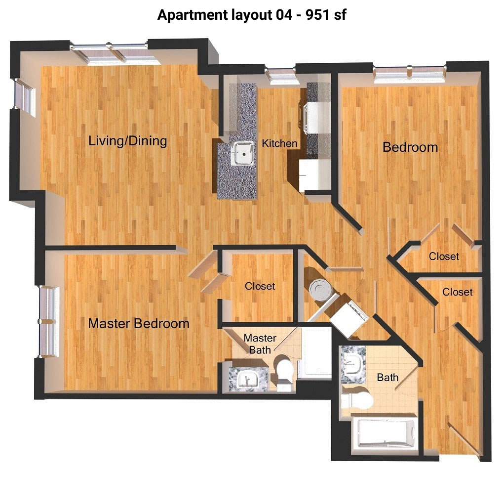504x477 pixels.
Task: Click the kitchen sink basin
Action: [x=243, y=153]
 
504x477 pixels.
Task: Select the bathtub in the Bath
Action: [x=385, y=434]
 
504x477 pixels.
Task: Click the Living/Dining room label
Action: [x=128, y=141]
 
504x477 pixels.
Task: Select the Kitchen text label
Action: [x=279, y=143]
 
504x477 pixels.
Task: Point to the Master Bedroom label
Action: [x=139, y=323]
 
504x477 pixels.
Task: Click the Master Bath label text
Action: [x=260, y=344]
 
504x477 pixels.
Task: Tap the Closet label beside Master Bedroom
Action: [x=260, y=286]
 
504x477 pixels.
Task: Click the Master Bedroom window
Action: [x=49, y=322]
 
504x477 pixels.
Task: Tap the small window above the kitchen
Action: [x=280, y=76]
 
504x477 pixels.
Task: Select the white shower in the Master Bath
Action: [x=314, y=353]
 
